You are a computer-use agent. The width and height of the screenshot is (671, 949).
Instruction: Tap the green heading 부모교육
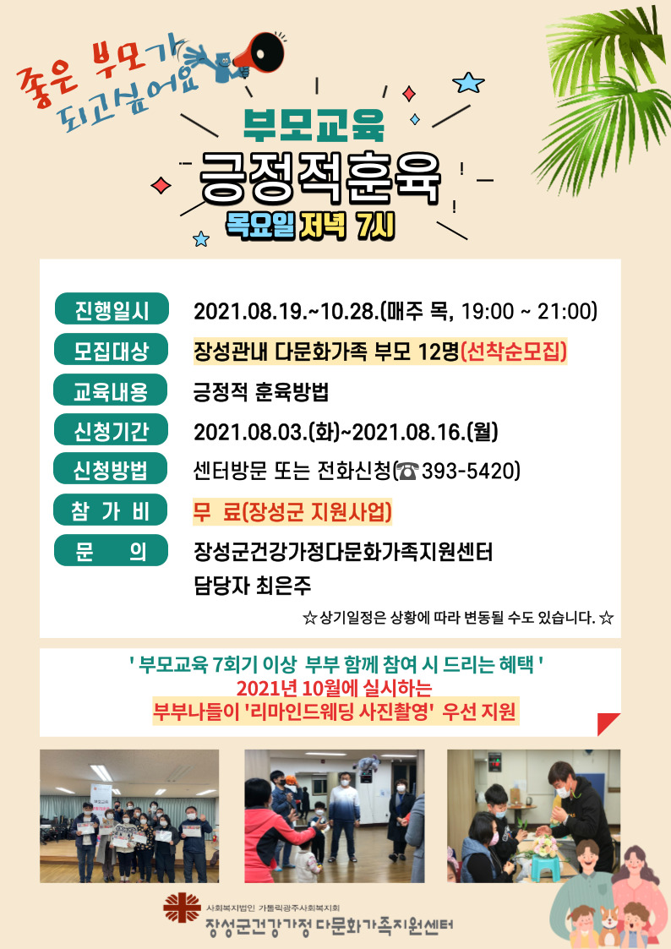(x=314, y=125)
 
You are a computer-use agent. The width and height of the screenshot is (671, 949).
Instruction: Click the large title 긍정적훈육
(x=320, y=177)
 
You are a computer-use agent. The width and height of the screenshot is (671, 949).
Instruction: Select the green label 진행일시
(x=112, y=310)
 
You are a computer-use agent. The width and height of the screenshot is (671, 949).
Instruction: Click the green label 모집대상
(x=112, y=350)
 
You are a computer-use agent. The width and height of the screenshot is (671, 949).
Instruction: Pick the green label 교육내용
(x=111, y=391)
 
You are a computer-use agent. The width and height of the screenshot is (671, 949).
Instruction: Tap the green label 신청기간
(x=112, y=431)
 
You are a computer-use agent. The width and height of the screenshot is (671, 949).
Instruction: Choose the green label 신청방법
(x=111, y=470)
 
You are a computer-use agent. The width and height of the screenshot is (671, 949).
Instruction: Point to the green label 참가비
(x=111, y=510)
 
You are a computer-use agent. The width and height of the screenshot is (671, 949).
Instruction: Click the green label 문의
(x=112, y=551)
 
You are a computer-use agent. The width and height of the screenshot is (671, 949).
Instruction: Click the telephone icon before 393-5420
(x=407, y=472)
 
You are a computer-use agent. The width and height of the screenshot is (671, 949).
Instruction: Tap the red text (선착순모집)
(x=514, y=351)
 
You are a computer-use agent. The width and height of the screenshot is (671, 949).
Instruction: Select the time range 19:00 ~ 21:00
(x=526, y=311)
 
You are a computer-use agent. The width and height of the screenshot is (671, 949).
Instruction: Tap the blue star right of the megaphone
(x=468, y=82)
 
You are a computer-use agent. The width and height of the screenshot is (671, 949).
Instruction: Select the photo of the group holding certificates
(x=129, y=815)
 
